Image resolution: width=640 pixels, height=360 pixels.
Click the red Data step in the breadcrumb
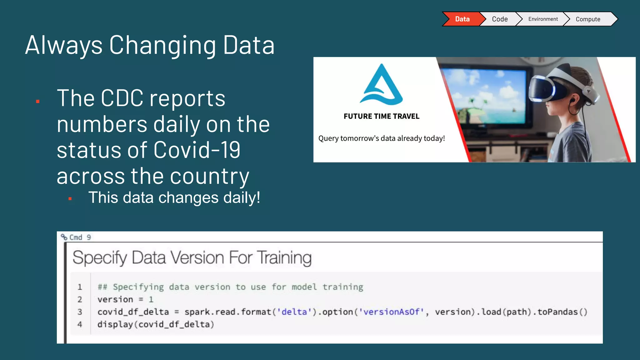coord(462,19)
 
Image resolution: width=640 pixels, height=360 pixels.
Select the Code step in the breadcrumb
coord(500,19)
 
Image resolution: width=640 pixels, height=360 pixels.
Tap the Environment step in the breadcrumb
coord(543,19)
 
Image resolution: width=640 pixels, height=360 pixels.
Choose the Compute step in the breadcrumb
coord(588,19)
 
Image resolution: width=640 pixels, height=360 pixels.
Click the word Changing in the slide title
coord(162,45)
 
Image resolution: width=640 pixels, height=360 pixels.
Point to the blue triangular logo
coord(382,85)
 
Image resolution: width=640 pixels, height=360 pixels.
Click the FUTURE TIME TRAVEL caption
coord(381,116)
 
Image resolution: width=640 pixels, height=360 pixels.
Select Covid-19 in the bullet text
coord(197,150)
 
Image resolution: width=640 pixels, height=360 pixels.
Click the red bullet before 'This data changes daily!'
coord(70,198)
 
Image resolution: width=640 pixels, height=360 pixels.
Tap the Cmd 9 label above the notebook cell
coord(80,237)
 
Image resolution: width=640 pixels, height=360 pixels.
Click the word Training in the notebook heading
coord(284,258)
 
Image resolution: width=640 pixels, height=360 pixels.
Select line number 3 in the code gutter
coord(80,312)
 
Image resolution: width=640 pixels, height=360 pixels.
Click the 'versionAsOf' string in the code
coord(392,312)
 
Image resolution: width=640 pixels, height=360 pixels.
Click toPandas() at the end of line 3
coord(562,312)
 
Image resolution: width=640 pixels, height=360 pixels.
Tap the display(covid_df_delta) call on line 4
coord(156,324)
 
